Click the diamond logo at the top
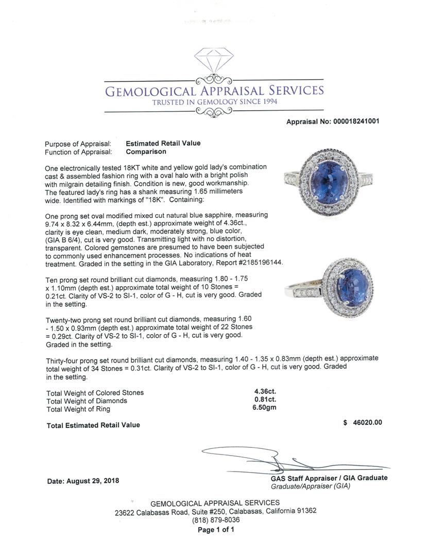213,61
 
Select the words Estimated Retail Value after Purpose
163,143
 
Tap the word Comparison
146,152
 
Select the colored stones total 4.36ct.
262,392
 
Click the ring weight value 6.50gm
264,409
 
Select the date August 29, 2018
83,481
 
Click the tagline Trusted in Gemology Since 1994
214,102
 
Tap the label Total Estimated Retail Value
93,425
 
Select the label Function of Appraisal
78,152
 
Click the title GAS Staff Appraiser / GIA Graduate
329,478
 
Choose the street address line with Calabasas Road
215,511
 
